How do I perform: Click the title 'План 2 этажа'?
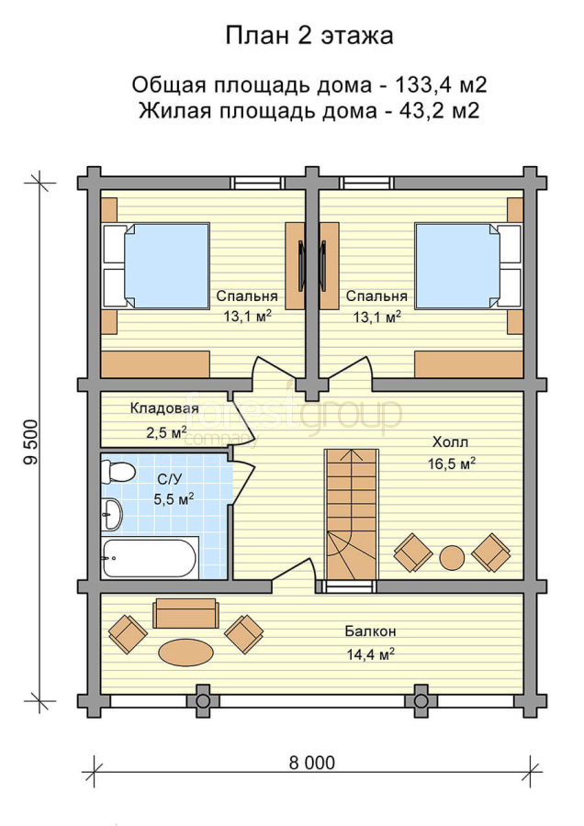pyautogui.click(x=309, y=37)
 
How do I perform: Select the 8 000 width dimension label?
pyautogui.click(x=311, y=763)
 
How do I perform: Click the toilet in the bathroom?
pyautogui.click(x=118, y=472)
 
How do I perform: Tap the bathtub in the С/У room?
pyautogui.click(x=150, y=558)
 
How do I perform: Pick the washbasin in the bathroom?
pyautogui.click(x=112, y=514)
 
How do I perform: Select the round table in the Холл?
pyautogui.click(x=452, y=557)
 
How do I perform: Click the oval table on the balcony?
pyautogui.click(x=186, y=653)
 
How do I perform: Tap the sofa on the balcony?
pyautogui.click(x=185, y=613)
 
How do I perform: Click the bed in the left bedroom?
pyautogui.click(x=156, y=265)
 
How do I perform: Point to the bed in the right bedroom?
pyautogui.click(x=468, y=265)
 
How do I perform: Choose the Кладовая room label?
pyautogui.click(x=164, y=408)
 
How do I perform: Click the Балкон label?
pyautogui.click(x=371, y=631)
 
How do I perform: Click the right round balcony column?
pyautogui.click(x=420, y=701)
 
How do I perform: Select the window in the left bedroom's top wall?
pyautogui.click(x=258, y=183)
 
